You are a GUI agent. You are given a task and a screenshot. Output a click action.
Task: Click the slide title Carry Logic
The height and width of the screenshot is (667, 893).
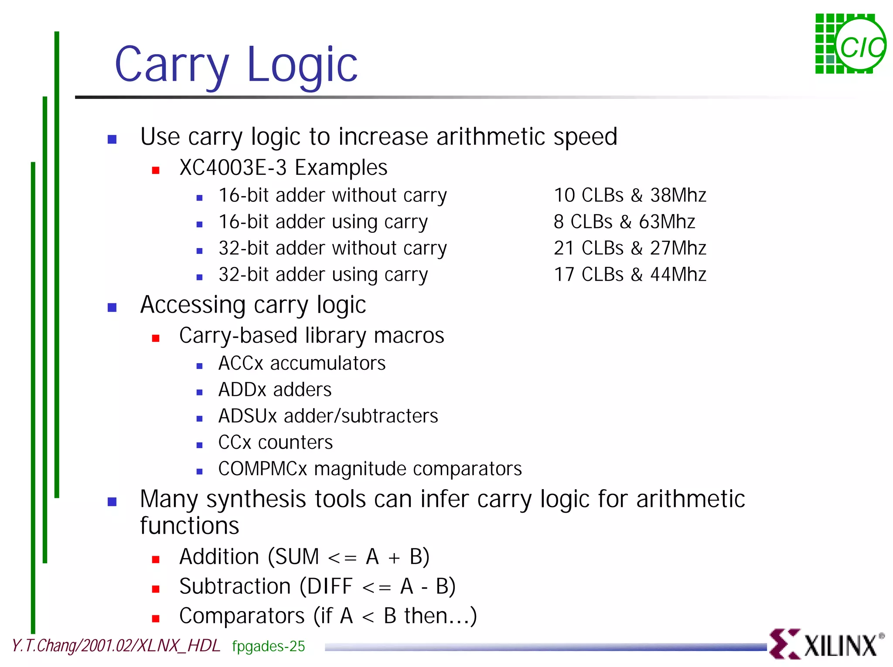coord(236,65)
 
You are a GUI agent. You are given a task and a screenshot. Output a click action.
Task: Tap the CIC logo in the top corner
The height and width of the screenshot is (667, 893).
coord(850,44)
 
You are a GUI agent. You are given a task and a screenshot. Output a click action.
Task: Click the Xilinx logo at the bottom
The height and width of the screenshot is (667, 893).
coord(827,644)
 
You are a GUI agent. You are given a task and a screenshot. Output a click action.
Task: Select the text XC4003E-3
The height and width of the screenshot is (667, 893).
coord(233,168)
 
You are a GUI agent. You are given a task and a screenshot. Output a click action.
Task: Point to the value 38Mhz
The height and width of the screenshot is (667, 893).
coord(678,195)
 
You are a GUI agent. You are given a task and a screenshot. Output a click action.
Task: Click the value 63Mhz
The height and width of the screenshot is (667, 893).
coord(667,222)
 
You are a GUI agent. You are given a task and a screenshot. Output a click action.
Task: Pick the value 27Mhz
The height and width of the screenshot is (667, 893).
coord(678,248)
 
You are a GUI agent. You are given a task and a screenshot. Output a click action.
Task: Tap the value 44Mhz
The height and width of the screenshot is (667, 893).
coord(678,275)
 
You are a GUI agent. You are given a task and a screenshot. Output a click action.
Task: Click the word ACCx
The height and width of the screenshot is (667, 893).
coord(241,364)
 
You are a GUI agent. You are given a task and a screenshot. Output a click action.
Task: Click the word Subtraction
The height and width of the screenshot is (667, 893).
coord(235,586)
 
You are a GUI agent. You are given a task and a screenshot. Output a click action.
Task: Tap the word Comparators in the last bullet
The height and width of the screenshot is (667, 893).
coord(242,616)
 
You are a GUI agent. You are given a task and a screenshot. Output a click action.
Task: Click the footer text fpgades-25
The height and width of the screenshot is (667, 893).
coord(268,646)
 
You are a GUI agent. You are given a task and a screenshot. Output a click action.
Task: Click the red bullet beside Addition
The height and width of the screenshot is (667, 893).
coord(156,560)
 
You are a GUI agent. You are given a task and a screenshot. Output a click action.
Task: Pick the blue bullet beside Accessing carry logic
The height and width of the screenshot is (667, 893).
coord(112,308)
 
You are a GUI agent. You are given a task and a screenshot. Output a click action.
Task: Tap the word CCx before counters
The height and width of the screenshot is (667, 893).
coord(235,443)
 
